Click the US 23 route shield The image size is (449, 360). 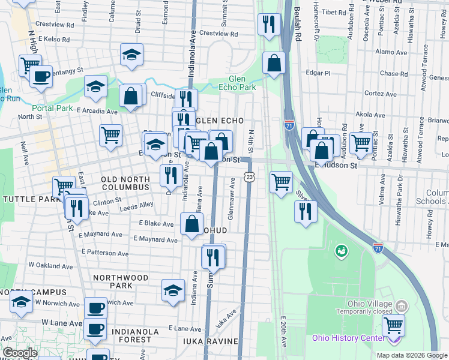tap(249, 176)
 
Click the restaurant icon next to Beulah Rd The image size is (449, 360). tap(268, 24)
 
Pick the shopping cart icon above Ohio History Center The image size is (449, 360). tap(393, 326)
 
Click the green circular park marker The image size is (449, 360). tap(341, 249)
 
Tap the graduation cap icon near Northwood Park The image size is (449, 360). tap(173, 290)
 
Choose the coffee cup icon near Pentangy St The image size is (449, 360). tap(41, 77)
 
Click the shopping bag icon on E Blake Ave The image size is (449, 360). tap(191, 224)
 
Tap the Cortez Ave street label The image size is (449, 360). tap(381, 94)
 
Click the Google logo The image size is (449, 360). tap(20, 353)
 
